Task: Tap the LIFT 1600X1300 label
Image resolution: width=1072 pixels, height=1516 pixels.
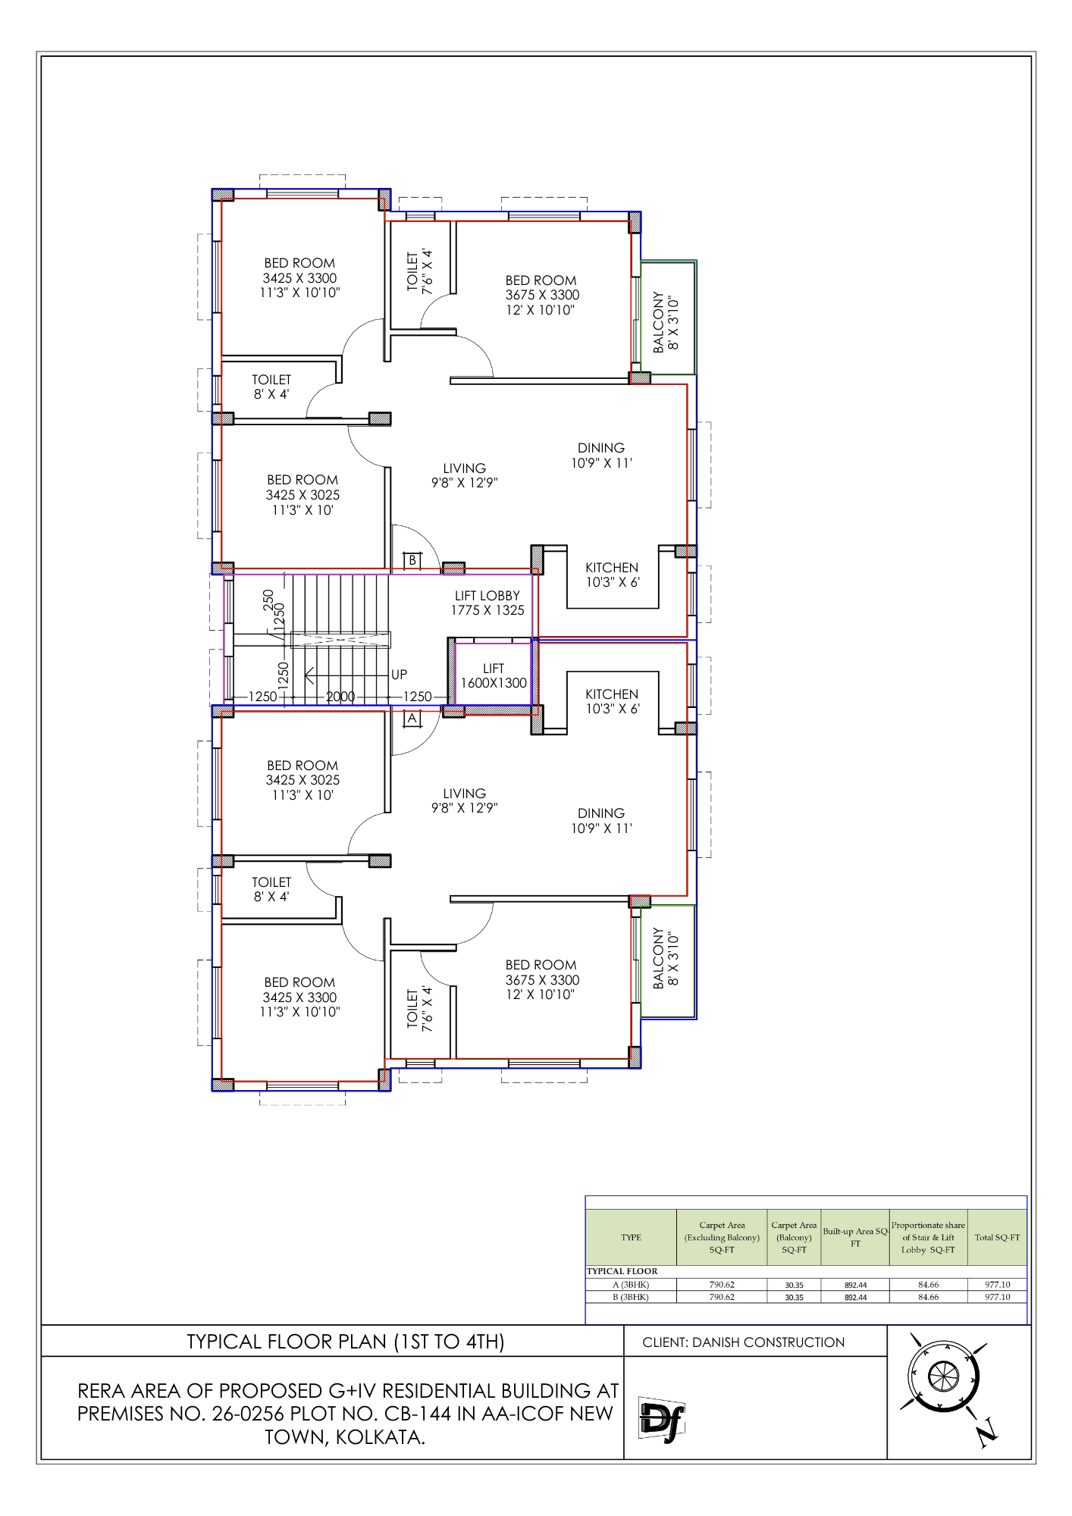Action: click(494, 675)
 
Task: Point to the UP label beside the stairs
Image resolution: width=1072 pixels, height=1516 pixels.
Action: click(399, 675)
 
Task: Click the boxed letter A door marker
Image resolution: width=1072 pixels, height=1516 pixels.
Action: click(412, 718)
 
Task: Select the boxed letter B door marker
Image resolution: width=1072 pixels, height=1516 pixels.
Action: click(412, 560)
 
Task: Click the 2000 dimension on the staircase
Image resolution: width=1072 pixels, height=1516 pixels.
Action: click(340, 697)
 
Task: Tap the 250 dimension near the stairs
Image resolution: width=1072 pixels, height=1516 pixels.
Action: click(268, 600)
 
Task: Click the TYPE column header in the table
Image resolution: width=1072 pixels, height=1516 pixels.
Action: click(631, 1237)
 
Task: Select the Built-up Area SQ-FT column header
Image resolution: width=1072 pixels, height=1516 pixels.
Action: click(855, 1237)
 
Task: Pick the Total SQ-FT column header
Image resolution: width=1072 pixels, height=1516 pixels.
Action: click(997, 1237)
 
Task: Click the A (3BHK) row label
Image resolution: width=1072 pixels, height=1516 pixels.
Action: click(631, 1285)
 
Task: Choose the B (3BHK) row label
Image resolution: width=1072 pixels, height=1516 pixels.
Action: click(631, 1297)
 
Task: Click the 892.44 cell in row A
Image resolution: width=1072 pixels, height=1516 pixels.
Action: click(855, 1285)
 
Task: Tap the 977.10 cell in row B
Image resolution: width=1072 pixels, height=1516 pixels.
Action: click(997, 1297)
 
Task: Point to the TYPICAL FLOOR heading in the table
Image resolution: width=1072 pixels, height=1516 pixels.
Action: click(622, 1271)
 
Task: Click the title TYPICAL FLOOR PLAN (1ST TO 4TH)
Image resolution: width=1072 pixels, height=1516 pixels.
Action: click(346, 1342)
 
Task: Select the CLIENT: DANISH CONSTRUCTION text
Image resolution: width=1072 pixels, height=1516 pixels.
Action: click(743, 1342)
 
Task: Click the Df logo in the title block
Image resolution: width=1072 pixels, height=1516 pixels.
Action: click(661, 1417)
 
